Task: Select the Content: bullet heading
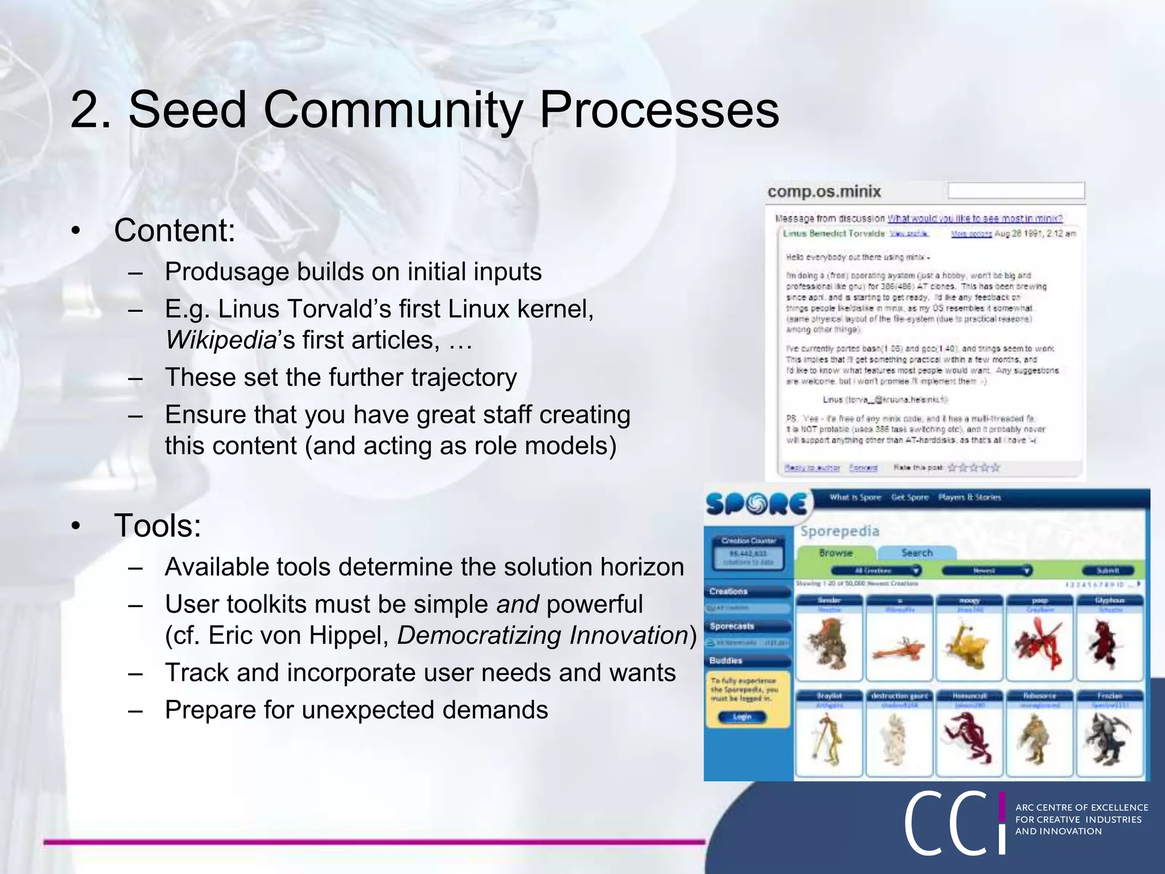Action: [x=174, y=230]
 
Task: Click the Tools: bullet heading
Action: [x=158, y=525]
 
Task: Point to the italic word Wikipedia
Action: [x=221, y=340]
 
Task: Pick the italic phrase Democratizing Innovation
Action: [x=543, y=636]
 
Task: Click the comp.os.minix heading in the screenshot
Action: [x=824, y=192]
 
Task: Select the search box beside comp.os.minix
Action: [x=1016, y=191]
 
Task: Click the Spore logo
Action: [x=755, y=504]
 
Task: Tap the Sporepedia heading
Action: [x=840, y=531]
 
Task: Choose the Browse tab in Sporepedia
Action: [x=835, y=553]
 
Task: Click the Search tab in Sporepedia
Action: [x=916, y=553]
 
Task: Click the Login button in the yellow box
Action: [x=742, y=717]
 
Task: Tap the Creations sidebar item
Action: [x=729, y=592]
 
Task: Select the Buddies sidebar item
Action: [x=726, y=661]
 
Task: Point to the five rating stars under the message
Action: [x=973, y=468]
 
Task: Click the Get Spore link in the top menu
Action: [x=909, y=497]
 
